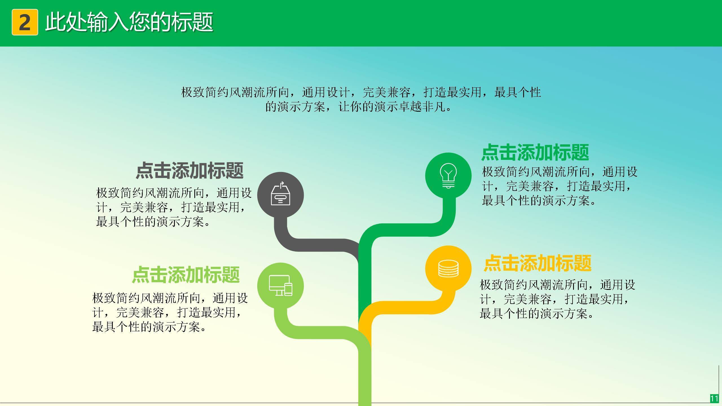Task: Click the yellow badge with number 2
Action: (x=25, y=22)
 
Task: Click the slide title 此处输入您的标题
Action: (x=129, y=22)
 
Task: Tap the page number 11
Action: (x=714, y=398)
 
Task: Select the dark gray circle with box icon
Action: (x=280, y=195)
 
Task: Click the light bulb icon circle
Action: (x=448, y=175)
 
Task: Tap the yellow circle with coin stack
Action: (x=448, y=268)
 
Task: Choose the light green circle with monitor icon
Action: (x=280, y=286)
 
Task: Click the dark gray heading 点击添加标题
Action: (x=190, y=171)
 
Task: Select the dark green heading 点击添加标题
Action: (x=535, y=152)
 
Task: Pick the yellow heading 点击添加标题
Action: (x=537, y=263)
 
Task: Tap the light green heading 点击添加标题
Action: (x=186, y=275)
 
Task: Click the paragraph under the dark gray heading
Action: (x=173, y=207)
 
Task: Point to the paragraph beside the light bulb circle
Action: (x=560, y=186)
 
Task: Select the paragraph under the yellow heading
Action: (x=557, y=299)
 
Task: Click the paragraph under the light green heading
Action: (x=170, y=312)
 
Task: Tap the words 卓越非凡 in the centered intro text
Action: (x=422, y=107)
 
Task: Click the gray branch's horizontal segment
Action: (x=322, y=245)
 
